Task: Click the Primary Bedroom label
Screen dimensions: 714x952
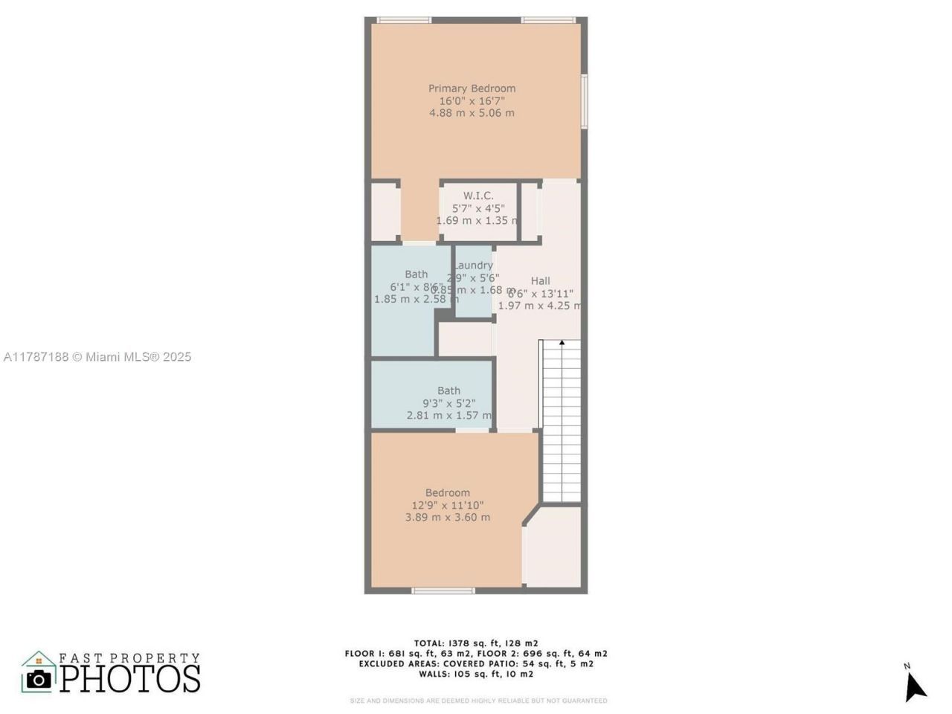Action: click(x=472, y=89)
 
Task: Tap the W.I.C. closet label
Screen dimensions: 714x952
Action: click(x=478, y=196)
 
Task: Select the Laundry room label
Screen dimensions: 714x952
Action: click(x=474, y=266)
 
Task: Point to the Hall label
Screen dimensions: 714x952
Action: click(x=541, y=280)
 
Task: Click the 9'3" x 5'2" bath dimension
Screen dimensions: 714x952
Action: click(x=448, y=403)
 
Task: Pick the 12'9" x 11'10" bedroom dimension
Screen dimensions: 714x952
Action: click(x=448, y=505)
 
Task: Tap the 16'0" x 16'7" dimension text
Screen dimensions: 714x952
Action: click(x=472, y=101)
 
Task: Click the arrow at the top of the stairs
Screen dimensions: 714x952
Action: click(x=562, y=343)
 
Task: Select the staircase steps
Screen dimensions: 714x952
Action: click(x=562, y=424)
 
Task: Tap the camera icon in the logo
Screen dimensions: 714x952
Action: click(x=39, y=678)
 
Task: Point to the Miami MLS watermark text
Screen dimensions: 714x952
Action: click(x=97, y=357)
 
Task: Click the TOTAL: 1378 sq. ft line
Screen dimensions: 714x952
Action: click(x=476, y=643)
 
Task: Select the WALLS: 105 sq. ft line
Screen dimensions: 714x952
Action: click(x=476, y=674)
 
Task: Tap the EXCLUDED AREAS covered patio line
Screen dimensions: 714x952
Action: click(x=476, y=663)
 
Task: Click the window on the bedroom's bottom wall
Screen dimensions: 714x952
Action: click(x=443, y=591)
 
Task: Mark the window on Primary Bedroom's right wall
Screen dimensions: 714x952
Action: click(x=585, y=101)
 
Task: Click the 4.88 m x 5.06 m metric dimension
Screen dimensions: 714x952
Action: click(x=472, y=113)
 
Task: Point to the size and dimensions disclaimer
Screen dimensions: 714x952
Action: click(x=478, y=701)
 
